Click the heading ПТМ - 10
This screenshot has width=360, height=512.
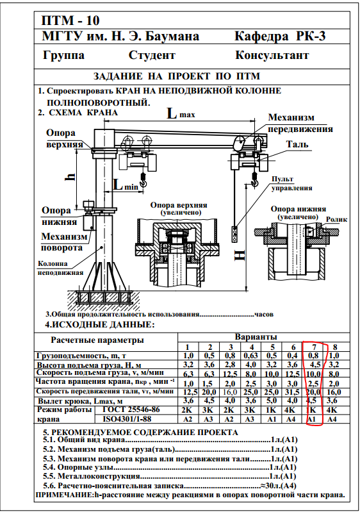point(70,21)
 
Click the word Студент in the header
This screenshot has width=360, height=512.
point(152,55)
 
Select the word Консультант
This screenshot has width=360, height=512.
point(272,55)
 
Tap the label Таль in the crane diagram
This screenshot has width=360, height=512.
point(297,144)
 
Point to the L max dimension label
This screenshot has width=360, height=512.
point(181,113)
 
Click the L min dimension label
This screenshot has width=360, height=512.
point(126,185)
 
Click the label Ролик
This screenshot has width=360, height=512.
point(336,219)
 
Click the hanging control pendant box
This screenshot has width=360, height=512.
point(234,234)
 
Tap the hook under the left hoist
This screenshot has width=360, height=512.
point(143,181)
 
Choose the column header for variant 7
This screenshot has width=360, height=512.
point(315,347)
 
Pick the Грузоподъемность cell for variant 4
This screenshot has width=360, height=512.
point(251,356)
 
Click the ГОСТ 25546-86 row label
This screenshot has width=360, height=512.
point(127,409)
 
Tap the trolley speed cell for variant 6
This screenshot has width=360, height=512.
point(292,392)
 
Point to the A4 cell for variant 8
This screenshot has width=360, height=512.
point(332,419)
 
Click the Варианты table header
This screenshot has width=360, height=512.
point(256,336)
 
